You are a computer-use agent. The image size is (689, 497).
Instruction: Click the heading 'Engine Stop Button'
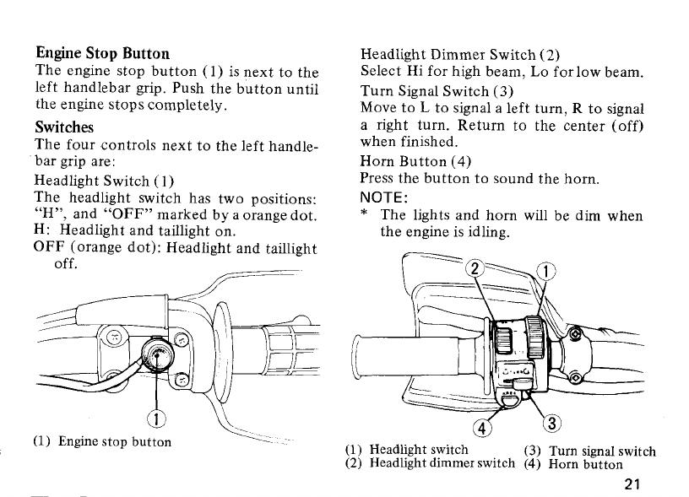pos(102,55)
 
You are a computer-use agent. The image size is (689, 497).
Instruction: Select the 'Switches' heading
pos(64,127)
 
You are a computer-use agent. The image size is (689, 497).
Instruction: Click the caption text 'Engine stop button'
pos(115,441)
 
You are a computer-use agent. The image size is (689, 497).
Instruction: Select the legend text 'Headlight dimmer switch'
pos(442,463)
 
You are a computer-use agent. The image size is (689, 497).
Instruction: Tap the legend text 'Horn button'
pos(585,463)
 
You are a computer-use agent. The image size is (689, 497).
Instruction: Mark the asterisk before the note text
pos(364,216)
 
